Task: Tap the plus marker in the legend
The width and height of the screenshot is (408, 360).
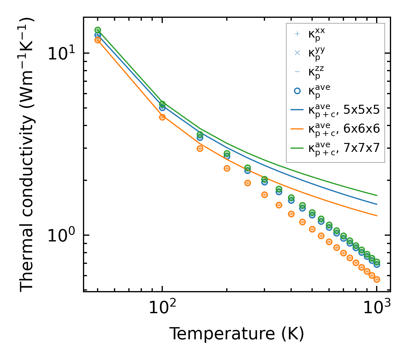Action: (x=297, y=34)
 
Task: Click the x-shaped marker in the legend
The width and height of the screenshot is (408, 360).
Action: (x=297, y=53)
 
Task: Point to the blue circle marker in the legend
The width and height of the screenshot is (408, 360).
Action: (x=297, y=91)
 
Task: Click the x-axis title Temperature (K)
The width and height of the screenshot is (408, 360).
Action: (x=237, y=334)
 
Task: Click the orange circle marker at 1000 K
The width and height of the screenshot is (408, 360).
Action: (x=377, y=279)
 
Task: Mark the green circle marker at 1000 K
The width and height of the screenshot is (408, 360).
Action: (x=377, y=262)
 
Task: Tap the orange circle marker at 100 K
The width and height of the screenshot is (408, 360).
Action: (x=162, y=117)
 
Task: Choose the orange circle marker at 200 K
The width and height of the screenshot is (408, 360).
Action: (x=227, y=168)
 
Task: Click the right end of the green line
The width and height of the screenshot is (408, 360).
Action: (x=377, y=196)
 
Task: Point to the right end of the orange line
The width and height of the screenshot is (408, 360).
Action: (x=377, y=216)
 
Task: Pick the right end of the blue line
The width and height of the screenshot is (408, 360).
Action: (x=377, y=204)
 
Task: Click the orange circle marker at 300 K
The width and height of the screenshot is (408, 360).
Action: (x=264, y=195)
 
